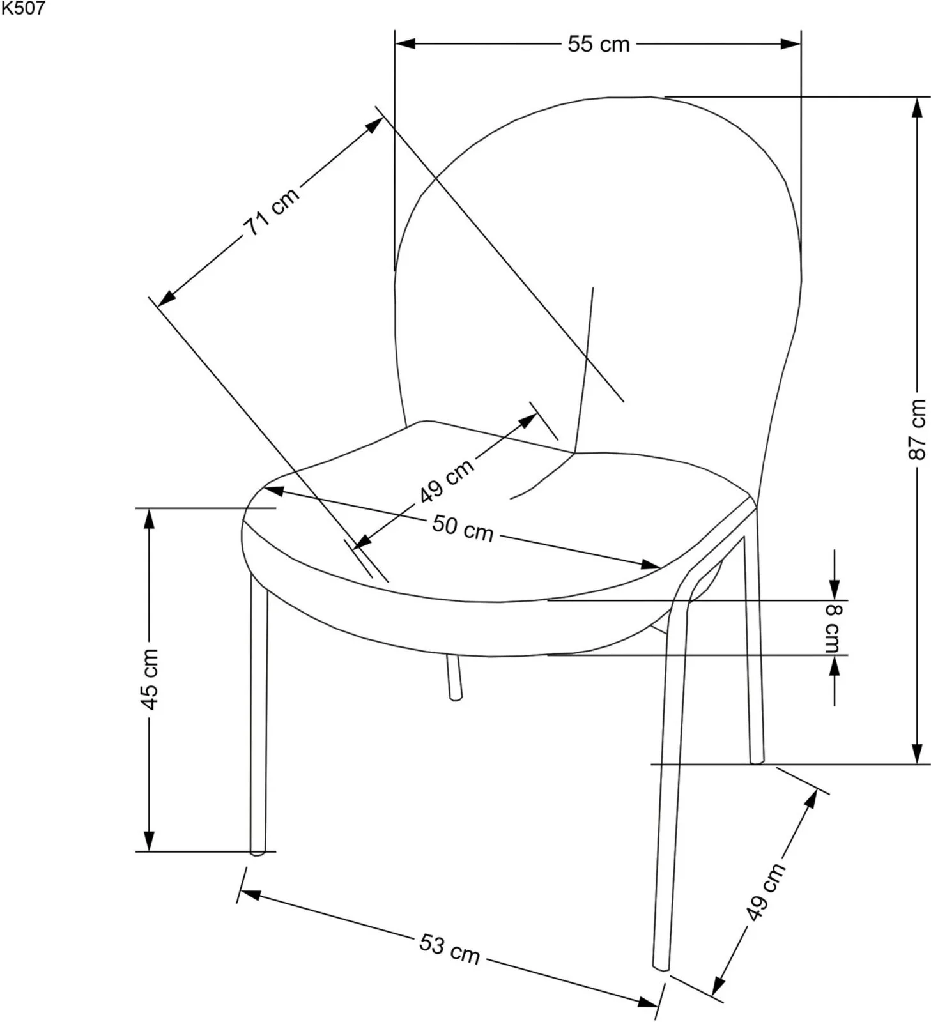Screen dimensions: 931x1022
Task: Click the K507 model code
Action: click(23, 8)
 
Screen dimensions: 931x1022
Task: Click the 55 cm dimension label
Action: click(599, 44)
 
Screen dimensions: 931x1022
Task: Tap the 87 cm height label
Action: click(917, 429)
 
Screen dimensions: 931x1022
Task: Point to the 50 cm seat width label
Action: click(463, 528)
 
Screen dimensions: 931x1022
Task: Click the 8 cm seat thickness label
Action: click(833, 628)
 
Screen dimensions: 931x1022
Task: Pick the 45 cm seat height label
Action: click(150, 679)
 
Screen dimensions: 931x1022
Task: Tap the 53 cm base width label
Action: click(449, 948)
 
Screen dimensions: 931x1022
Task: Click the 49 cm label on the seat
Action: click(447, 480)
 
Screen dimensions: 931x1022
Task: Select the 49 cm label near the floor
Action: click(765, 892)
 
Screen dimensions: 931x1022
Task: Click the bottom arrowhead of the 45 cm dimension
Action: click(150, 841)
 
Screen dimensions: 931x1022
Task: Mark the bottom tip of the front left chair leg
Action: click(258, 852)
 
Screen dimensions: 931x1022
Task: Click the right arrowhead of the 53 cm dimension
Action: click(649, 1001)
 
